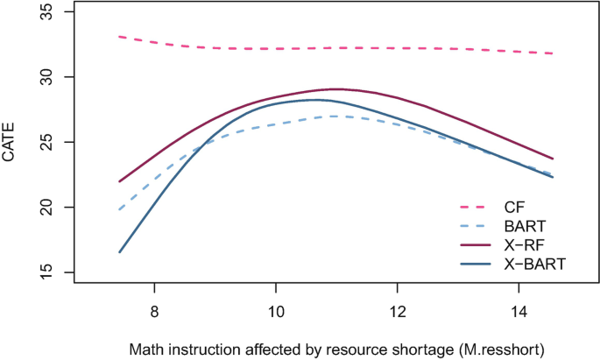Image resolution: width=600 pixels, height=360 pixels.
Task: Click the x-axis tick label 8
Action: pyautogui.click(x=154, y=311)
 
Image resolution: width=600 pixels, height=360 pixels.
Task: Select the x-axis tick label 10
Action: pyautogui.click(x=276, y=311)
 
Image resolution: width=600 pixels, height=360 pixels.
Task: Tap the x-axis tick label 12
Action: pyautogui.click(x=398, y=311)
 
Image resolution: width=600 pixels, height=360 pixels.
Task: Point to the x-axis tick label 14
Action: pyautogui.click(x=519, y=311)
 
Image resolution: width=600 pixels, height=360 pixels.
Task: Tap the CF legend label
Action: pyautogui.click(x=514, y=207)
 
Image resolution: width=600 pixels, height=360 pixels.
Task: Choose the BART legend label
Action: pyautogui.click(x=525, y=225)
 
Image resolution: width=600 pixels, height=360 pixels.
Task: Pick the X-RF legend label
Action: pyautogui.click(x=524, y=244)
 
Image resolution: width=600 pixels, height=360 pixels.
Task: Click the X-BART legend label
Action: pyautogui.click(x=532, y=262)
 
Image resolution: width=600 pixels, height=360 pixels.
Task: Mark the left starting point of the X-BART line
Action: pyautogui.click(x=119, y=252)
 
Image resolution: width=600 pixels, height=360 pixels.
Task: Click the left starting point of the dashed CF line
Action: pyautogui.click(x=119, y=37)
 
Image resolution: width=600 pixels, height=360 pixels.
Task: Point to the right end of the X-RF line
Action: pyautogui.click(x=554, y=159)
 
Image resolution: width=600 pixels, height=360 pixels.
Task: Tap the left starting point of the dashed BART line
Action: pyautogui.click(x=119, y=210)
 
